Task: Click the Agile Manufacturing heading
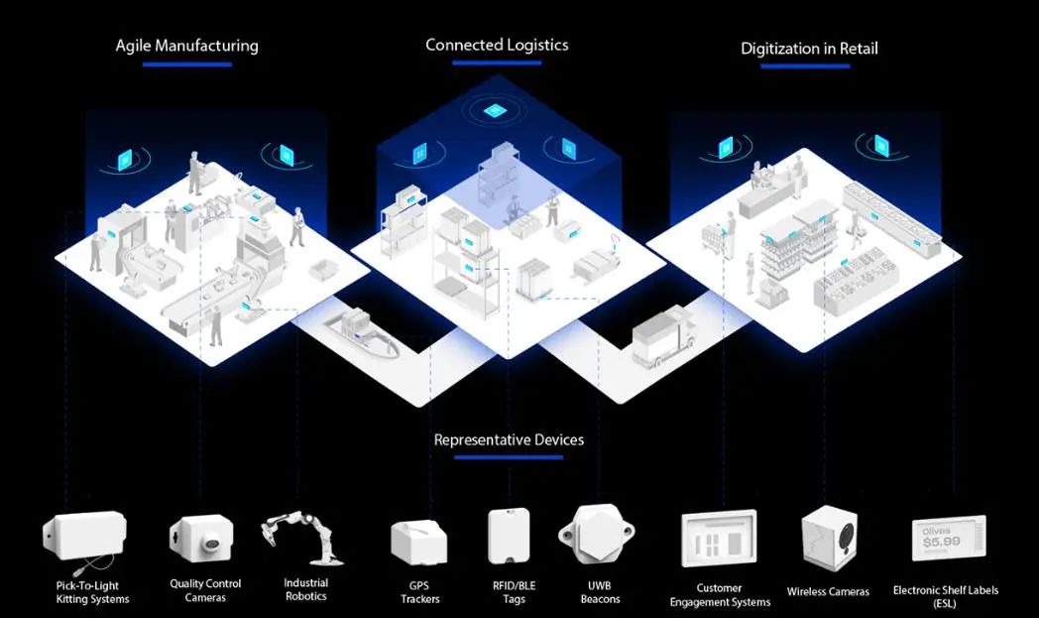[x=186, y=46]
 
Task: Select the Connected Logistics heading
[x=497, y=45]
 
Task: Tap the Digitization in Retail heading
[x=809, y=49]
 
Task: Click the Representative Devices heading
[x=509, y=439]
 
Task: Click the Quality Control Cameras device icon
[x=202, y=538]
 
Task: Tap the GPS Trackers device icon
[x=418, y=541]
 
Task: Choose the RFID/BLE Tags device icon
[x=509, y=536]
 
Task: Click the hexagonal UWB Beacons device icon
[x=597, y=534]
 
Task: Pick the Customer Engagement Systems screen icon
[x=719, y=539]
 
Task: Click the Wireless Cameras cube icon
[x=829, y=539]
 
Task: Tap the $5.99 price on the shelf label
[x=942, y=542]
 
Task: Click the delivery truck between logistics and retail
[x=662, y=336]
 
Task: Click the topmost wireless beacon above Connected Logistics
[x=493, y=110]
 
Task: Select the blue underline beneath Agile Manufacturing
[x=186, y=64]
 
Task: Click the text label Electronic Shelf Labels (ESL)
[x=946, y=596]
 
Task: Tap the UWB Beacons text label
[x=601, y=592]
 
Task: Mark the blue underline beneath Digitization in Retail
[x=805, y=66]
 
